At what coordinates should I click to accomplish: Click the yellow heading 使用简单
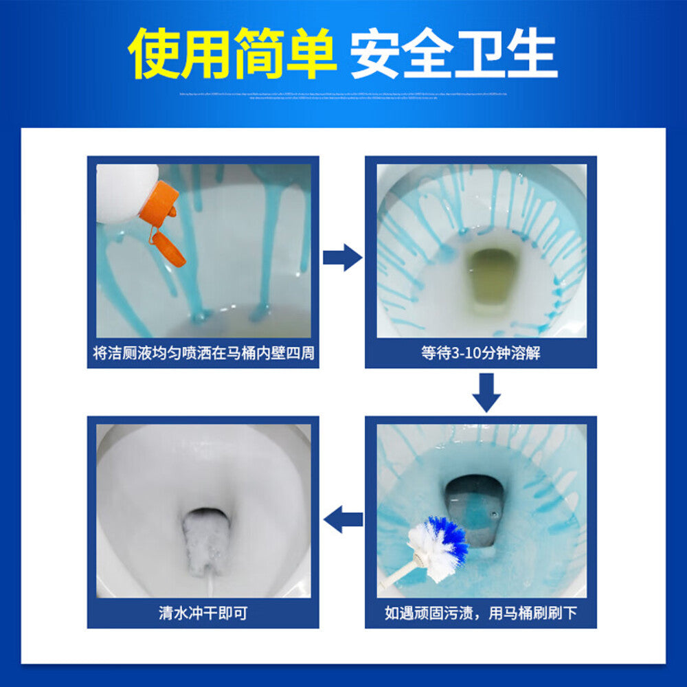tap(234, 53)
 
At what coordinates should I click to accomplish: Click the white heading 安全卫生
tap(453, 53)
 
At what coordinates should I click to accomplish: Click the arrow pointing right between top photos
tap(342, 258)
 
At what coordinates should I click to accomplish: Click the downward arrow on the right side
tap(486, 392)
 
